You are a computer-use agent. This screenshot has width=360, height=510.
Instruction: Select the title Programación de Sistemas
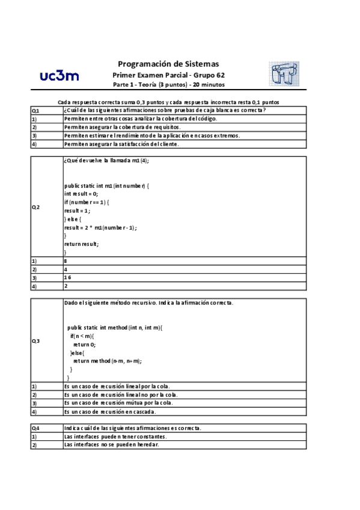coord(168,63)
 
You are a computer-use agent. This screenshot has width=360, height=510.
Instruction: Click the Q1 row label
coord(35,111)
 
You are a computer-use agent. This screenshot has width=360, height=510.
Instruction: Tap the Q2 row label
coord(35,207)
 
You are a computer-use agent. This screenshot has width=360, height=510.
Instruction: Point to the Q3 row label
coord(35,341)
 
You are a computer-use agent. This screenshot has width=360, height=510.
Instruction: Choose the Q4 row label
coord(35,428)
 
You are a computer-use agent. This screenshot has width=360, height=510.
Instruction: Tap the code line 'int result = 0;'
coord(81,194)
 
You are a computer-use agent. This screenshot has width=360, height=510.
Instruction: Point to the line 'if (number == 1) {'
coord(87,203)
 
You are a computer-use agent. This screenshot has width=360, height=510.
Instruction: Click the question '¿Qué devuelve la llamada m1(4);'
coord(106,161)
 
